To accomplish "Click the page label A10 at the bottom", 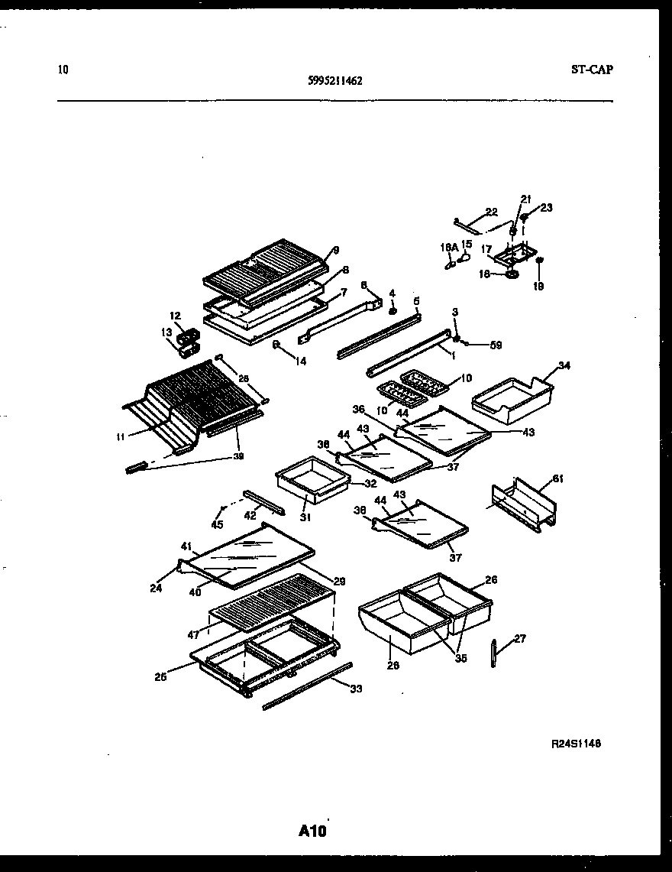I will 312,831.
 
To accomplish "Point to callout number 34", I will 564,365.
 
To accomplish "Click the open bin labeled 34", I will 512,401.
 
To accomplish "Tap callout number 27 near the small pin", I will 519,639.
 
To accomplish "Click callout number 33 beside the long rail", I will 356,689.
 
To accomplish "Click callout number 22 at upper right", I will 491,212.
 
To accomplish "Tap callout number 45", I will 218,524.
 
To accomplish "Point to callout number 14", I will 301,361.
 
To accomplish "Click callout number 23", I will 546,207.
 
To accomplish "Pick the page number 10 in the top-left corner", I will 63,70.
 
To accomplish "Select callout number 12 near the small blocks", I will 175,315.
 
